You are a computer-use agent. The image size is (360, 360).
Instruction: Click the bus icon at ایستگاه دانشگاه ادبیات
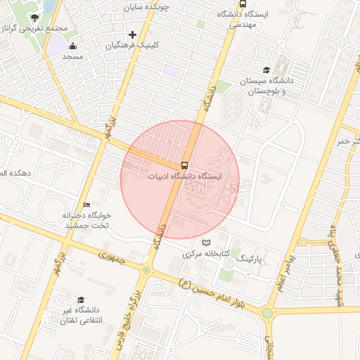184,165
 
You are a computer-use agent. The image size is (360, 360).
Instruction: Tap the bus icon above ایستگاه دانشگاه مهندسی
243,4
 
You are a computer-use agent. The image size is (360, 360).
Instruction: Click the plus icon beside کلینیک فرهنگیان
132,34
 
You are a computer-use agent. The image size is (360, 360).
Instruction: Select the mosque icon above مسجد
73,46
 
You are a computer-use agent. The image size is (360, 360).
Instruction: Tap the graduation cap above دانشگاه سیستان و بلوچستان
266,70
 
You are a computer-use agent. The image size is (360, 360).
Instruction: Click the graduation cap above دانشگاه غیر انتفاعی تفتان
81,300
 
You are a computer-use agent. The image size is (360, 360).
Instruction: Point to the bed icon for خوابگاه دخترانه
86,205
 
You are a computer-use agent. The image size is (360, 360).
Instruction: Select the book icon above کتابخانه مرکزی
206,243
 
